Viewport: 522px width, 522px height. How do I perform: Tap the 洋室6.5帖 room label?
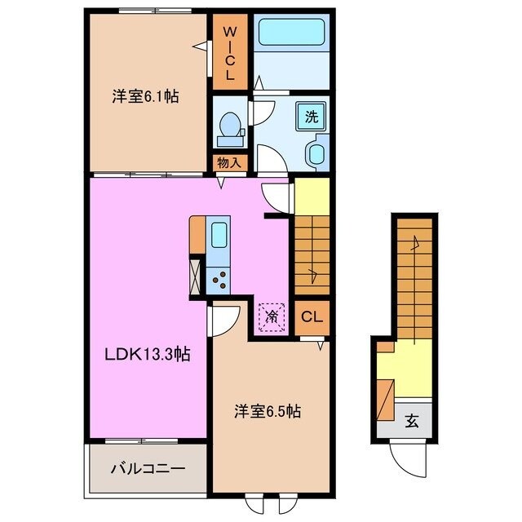tap(268, 411)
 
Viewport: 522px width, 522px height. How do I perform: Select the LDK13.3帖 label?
tap(147, 354)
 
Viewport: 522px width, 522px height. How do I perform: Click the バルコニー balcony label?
tap(148, 469)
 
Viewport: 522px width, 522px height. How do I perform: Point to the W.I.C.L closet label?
tap(230, 52)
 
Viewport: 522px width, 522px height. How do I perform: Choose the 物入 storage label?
tap(230, 162)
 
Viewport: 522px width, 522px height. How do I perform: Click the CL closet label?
tap(312, 317)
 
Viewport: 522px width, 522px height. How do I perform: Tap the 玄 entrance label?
tap(412, 422)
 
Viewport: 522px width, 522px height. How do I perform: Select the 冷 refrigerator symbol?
tap(272, 315)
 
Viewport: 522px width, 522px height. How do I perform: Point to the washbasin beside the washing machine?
tap(314, 153)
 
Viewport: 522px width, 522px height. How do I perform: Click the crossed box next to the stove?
tap(197, 275)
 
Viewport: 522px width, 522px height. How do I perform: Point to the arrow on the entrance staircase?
tap(414, 241)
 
